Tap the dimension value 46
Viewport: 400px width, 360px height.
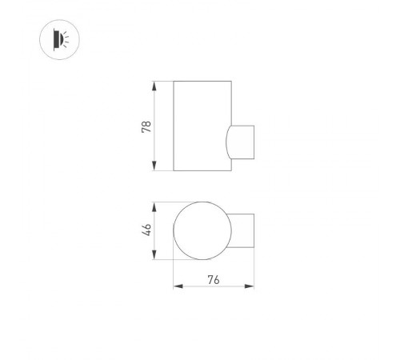[x=146, y=230]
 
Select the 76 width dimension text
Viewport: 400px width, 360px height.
[x=214, y=279]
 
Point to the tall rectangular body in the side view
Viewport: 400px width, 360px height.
[x=200, y=126]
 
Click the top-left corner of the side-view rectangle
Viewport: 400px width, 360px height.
[x=174, y=81]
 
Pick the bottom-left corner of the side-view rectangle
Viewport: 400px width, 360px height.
[x=174, y=170]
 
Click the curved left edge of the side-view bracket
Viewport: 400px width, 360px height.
[x=226, y=142]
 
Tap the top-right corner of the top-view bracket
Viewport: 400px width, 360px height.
[x=255, y=214]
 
